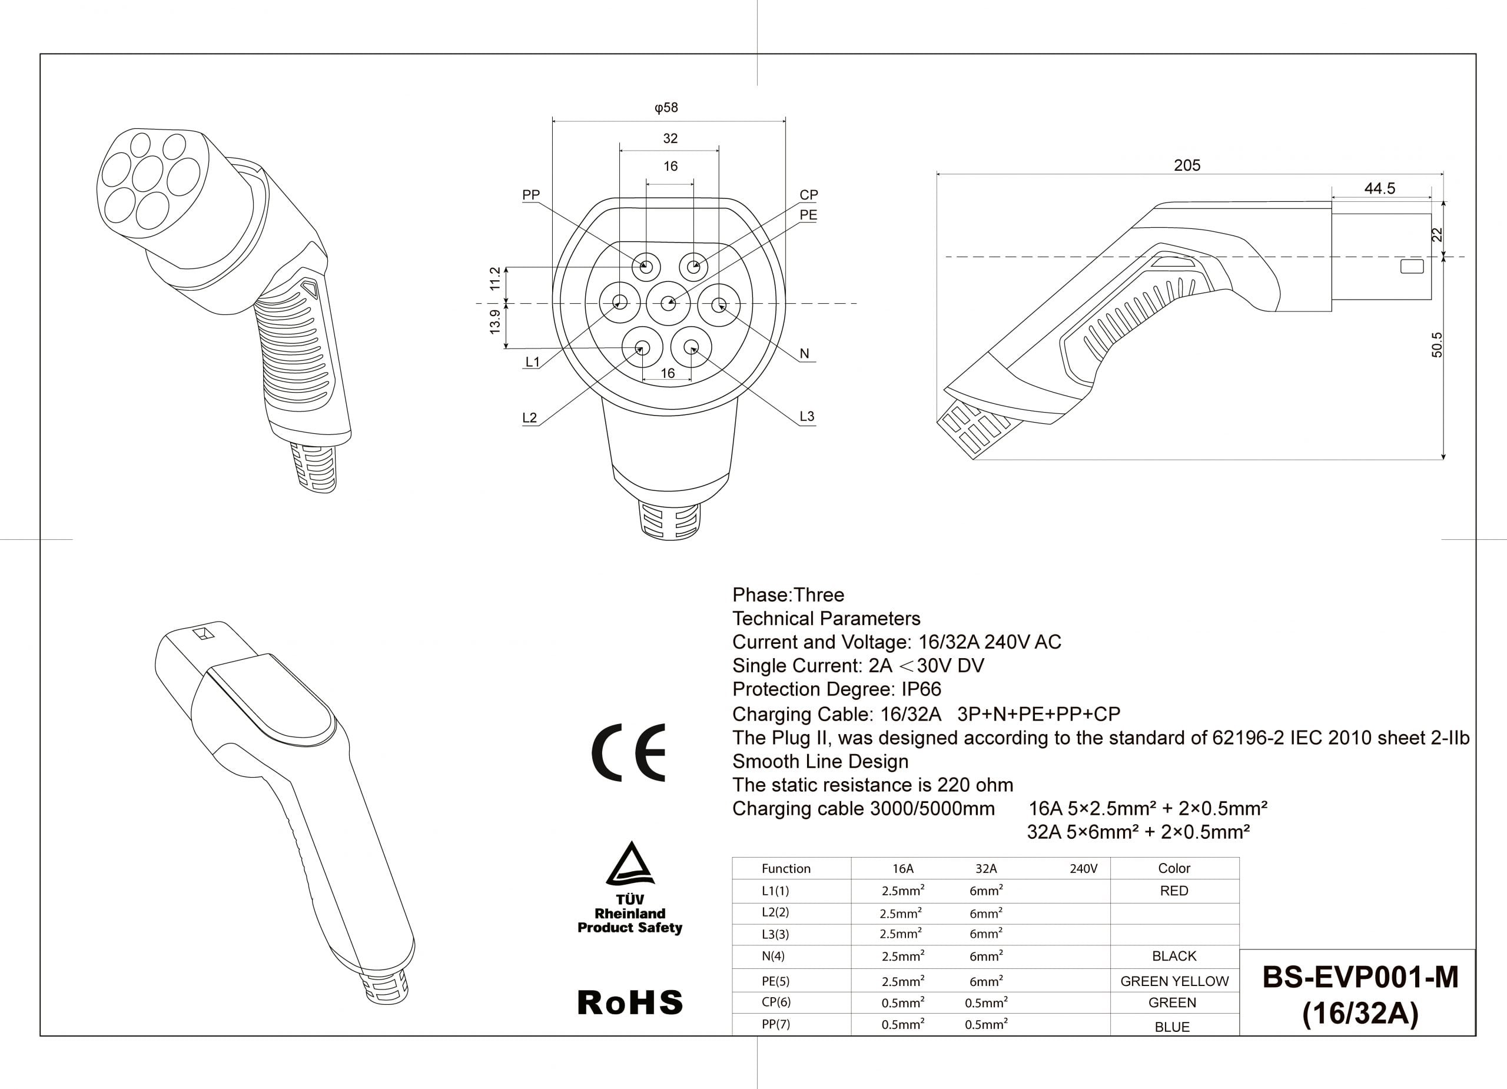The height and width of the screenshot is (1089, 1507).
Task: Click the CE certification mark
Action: (629, 752)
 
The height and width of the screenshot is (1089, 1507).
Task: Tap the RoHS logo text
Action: (630, 1002)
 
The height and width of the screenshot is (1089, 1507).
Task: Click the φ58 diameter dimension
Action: (666, 108)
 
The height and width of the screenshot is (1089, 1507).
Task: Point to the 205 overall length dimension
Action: (1187, 165)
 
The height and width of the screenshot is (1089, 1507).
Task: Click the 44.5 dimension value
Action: (1379, 189)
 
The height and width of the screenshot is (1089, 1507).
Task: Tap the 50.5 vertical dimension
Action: (1437, 345)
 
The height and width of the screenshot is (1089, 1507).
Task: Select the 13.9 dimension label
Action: (495, 321)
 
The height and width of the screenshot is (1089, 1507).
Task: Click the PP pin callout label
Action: (531, 195)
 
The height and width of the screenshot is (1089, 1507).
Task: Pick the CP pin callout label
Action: (809, 195)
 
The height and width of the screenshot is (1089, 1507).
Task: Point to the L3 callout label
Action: (806, 417)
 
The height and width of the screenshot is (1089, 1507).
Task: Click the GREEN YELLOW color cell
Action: (1174, 981)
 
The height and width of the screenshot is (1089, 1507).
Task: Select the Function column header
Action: (786, 868)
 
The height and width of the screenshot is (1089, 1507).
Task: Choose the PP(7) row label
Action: (776, 1024)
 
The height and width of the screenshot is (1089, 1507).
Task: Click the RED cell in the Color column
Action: (1174, 891)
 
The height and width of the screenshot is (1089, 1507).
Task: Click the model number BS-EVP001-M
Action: (1360, 977)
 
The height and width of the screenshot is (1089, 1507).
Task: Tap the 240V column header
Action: (1083, 868)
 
